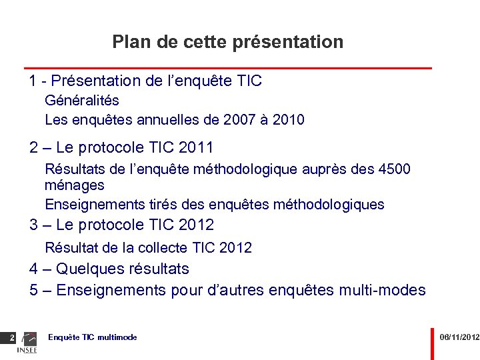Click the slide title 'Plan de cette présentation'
click(x=228, y=42)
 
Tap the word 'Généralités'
click(x=82, y=101)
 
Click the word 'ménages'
click(x=75, y=185)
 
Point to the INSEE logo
click(x=27, y=343)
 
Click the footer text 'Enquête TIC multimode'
click(x=93, y=337)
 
